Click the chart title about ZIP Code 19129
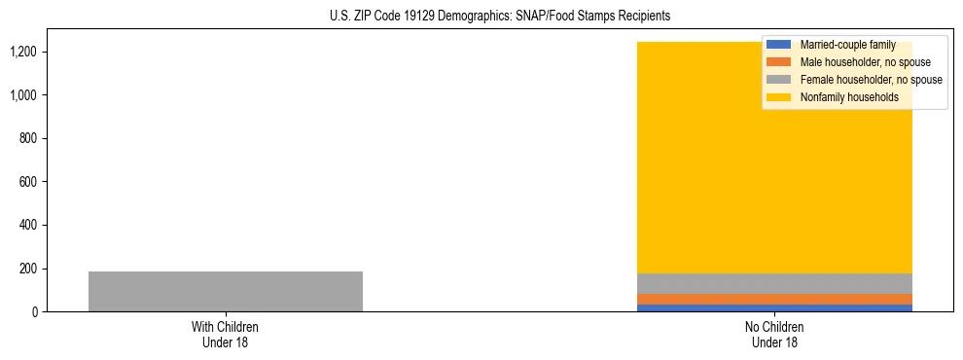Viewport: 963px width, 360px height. coord(500,17)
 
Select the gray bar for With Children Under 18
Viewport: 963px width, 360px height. coord(226,291)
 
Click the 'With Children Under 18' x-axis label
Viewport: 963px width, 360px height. coord(226,334)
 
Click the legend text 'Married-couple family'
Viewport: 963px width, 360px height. coord(847,45)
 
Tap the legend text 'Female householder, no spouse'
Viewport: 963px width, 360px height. coord(871,80)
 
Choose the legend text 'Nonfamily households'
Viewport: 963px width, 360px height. coord(849,97)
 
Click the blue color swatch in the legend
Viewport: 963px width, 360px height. coord(778,45)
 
